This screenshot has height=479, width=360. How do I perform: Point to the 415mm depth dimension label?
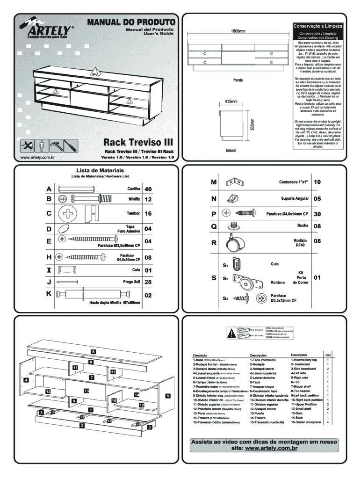[231, 102]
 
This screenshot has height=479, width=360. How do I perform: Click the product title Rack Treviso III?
[138, 142]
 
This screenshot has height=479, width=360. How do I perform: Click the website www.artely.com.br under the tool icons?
[37, 158]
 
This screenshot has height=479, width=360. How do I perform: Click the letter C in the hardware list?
[49, 213]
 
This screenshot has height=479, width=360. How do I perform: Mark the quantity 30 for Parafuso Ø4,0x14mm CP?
[317, 213]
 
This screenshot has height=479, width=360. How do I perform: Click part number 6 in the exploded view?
[93, 351]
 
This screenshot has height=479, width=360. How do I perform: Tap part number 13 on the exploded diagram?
[86, 390]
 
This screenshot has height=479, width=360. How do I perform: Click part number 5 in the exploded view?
[167, 396]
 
